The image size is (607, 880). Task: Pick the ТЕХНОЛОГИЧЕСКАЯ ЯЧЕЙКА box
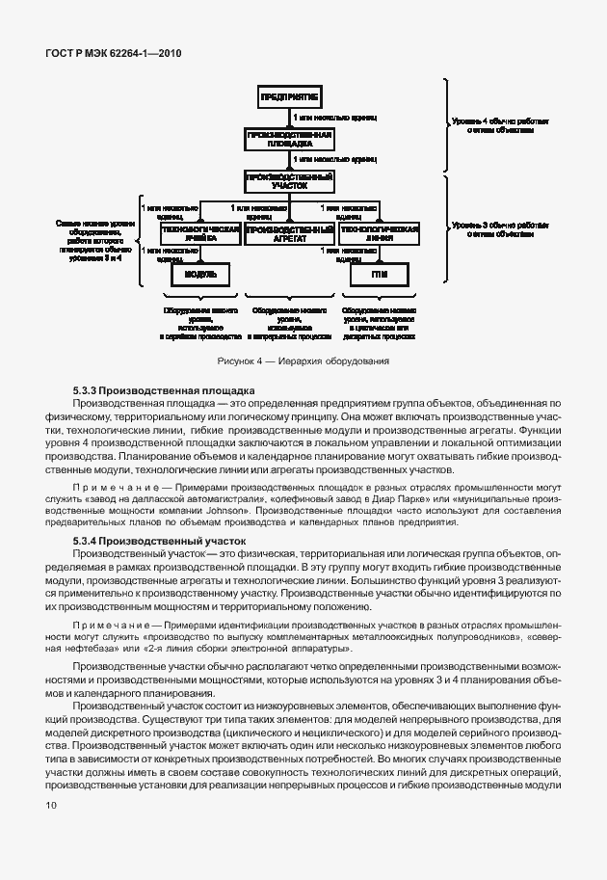pyautogui.click(x=199, y=235)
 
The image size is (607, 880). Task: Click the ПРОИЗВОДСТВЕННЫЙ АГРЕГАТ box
pyautogui.click(x=289, y=235)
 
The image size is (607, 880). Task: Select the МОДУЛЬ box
pyautogui.click(x=199, y=275)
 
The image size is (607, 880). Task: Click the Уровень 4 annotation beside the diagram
pyautogui.click(x=500, y=126)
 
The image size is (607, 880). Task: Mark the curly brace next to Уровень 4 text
pyautogui.click(x=447, y=124)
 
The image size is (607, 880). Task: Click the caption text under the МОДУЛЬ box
pyautogui.click(x=199, y=324)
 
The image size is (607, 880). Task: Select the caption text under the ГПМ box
pyautogui.click(x=378, y=324)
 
